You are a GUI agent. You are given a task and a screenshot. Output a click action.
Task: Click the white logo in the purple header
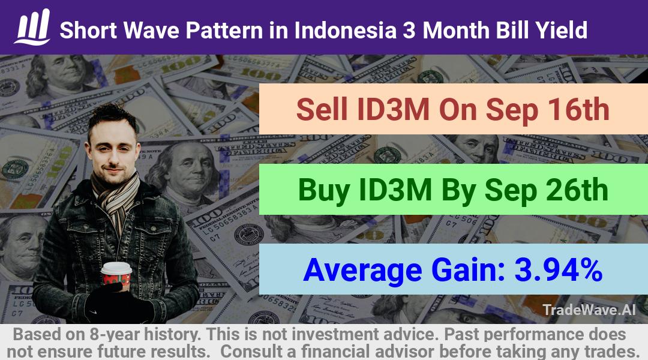tap(32, 27)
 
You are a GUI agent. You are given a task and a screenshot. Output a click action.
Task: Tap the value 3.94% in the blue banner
tap(558, 269)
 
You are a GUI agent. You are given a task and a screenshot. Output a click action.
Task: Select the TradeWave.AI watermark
tap(589, 310)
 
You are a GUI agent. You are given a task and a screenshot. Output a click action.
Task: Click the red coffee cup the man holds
tap(116, 275)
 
